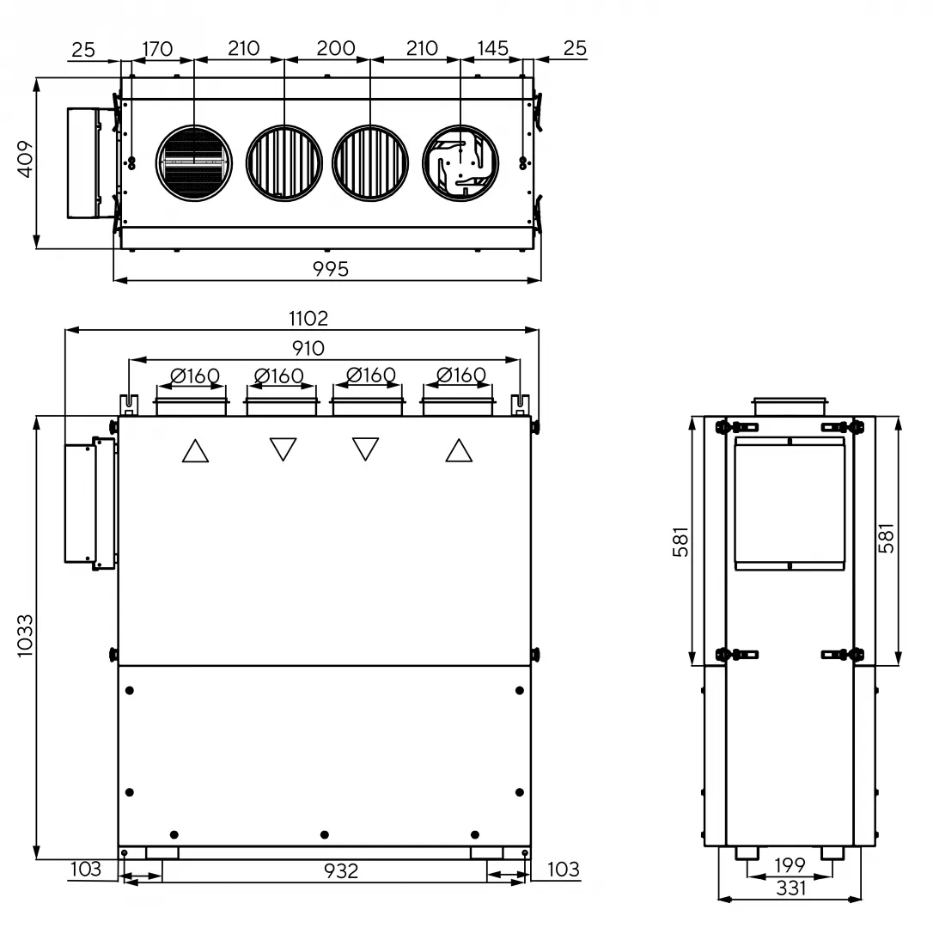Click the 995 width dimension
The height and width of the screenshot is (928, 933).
[331, 269]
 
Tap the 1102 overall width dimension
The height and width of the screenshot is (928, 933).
[308, 319]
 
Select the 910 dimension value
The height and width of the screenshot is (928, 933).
[308, 348]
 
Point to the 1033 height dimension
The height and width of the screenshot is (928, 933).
[25, 636]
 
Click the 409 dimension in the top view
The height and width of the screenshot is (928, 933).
[25, 159]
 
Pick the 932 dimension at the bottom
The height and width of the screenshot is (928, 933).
[341, 870]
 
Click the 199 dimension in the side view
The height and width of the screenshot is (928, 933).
[790, 864]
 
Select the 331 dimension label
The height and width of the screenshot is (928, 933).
[790, 888]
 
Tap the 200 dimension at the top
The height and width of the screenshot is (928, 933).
[336, 48]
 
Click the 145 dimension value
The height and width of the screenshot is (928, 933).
[492, 48]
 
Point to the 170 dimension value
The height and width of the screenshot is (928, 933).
[157, 48]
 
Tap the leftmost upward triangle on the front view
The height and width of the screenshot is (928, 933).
[195, 450]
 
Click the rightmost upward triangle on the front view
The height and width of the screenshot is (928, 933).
[459, 450]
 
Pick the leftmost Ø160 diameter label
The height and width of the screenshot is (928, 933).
[195, 375]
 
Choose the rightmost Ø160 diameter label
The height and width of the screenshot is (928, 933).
[461, 375]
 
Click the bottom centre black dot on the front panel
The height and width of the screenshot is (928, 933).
[324, 835]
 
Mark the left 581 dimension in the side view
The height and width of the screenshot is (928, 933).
[680, 541]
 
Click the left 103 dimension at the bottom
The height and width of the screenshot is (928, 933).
[86, 869]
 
